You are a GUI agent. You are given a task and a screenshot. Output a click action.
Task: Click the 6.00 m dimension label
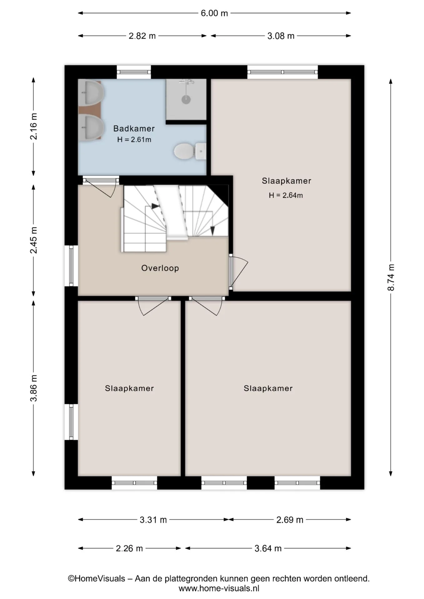(x=214, y=13)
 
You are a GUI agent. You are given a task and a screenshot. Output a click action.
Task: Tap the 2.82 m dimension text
(x=142, y=36)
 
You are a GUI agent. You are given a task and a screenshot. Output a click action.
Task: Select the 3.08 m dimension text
(x=281, y=36)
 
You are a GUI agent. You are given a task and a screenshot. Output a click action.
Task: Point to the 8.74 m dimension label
(x=391, y=277)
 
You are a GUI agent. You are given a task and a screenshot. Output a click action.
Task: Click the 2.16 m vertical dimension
(x=34, y=126)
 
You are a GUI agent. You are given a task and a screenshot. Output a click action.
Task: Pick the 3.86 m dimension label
(x=34, y=388)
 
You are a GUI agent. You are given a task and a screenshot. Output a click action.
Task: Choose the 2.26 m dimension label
(x=129, y=548)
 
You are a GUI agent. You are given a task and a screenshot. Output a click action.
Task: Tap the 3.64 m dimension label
(x=268, y=548)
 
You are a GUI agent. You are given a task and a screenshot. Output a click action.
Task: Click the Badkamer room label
(x=134, y=129)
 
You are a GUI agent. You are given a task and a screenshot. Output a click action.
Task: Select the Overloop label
(x=160, y=268)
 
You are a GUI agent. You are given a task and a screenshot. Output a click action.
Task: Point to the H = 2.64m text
(x=286, y=196)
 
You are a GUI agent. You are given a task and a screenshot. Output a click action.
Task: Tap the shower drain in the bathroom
(x=186, y=100)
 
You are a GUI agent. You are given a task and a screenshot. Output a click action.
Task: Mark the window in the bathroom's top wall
(x=134, y=72)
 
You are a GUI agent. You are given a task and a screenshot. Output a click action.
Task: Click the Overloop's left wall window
(x=71, y=265)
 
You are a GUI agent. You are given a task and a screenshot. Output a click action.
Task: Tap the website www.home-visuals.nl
(x=219, y=589)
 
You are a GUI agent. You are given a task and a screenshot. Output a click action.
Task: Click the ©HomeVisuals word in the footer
(x=96, y=579)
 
